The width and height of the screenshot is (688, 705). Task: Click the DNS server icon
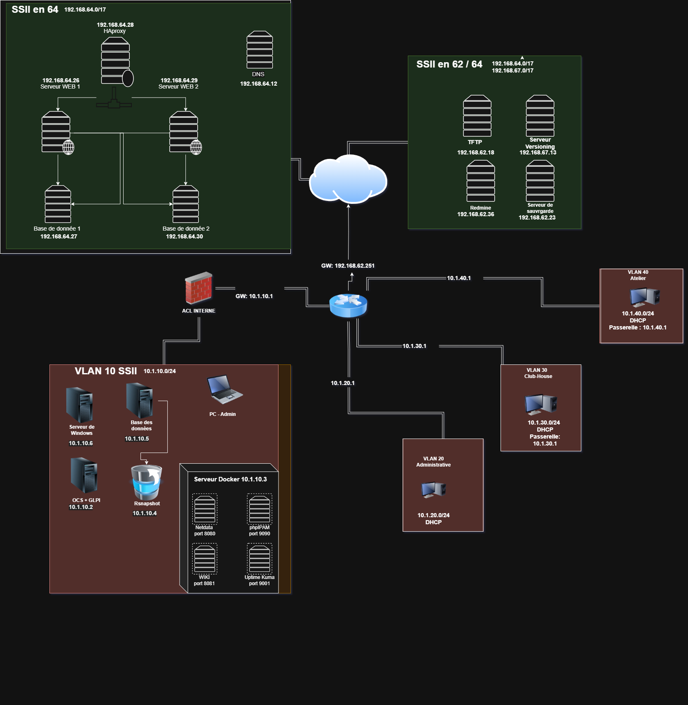[260, 49]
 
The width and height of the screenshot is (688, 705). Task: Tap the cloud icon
[348, 180]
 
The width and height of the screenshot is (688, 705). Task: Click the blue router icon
[348, 305]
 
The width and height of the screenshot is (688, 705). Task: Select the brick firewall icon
[199, 288]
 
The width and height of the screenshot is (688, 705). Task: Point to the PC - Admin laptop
[224, 390]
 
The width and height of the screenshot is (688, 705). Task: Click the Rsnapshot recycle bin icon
[146, 482]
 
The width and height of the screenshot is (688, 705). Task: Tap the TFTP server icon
[477, 116]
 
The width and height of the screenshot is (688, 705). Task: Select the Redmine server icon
[480, 181]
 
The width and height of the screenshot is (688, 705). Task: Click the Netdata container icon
[205, 509]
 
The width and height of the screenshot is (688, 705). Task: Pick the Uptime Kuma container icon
[260, 559]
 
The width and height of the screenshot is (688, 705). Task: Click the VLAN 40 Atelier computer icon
[645, 297]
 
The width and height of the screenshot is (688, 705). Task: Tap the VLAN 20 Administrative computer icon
[433, 489]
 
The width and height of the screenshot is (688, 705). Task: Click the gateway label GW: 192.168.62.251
[348, 266]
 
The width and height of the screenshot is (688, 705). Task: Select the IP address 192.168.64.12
[259, 84]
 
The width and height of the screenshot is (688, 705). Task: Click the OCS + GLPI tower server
[84, 476]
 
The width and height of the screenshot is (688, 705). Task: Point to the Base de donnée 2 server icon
[185, 204]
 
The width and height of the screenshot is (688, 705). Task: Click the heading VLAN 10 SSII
[105, 371]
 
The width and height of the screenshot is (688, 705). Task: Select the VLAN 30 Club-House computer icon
[541, 404]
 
